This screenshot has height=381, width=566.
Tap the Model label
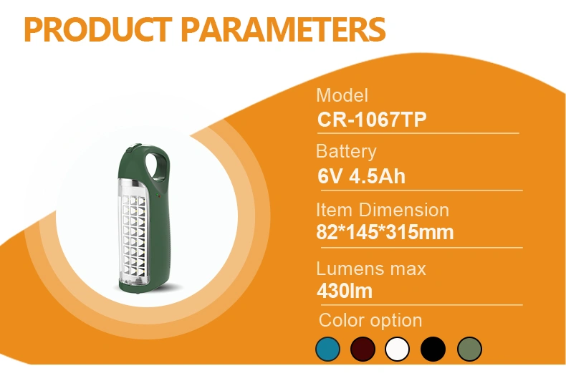click(342, 96)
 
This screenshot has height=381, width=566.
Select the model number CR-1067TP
click(372, 119)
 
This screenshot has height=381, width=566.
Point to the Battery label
click(346, 152)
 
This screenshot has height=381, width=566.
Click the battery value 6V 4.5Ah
click(361, 176)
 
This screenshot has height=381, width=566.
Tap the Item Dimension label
click(383, 210)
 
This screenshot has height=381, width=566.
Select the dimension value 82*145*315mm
click(385, 232)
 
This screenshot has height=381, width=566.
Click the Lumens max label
click(371, 269)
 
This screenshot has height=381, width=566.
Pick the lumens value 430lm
click(345, 291)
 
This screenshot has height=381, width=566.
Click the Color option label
click(370, 320)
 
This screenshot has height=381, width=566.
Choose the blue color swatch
click(327, 349)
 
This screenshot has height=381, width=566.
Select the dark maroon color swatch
click(363, 349)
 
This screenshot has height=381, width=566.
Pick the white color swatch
click(397, 349)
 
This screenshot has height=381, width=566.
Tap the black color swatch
click(433, 349)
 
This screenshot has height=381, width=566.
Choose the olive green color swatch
click(469, 349)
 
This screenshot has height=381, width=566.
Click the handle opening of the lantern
click(156, 165)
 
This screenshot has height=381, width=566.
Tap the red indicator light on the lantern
click(158, 196)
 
